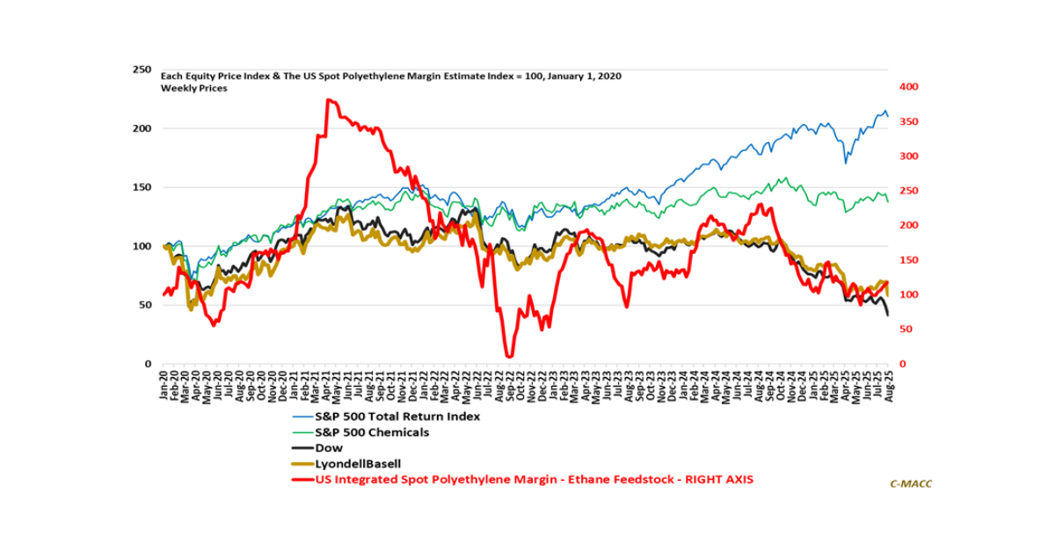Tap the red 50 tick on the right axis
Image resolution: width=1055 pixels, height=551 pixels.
[x=902, y=330]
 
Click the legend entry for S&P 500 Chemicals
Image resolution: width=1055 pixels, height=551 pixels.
[x=371, y=432]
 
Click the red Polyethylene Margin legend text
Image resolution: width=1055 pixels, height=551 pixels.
[x=534, y=480]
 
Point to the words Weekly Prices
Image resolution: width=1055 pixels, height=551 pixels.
[x=193, y=89]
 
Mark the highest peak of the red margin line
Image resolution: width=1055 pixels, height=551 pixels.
[x=328, y=100]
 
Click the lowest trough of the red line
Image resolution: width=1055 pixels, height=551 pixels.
[x=508, y=356]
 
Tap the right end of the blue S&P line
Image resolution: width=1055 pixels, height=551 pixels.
[x=887, y=116]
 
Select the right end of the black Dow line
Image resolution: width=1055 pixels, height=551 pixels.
[x=887, y=315]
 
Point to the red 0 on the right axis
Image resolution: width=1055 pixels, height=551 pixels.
[x=899, y=364]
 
